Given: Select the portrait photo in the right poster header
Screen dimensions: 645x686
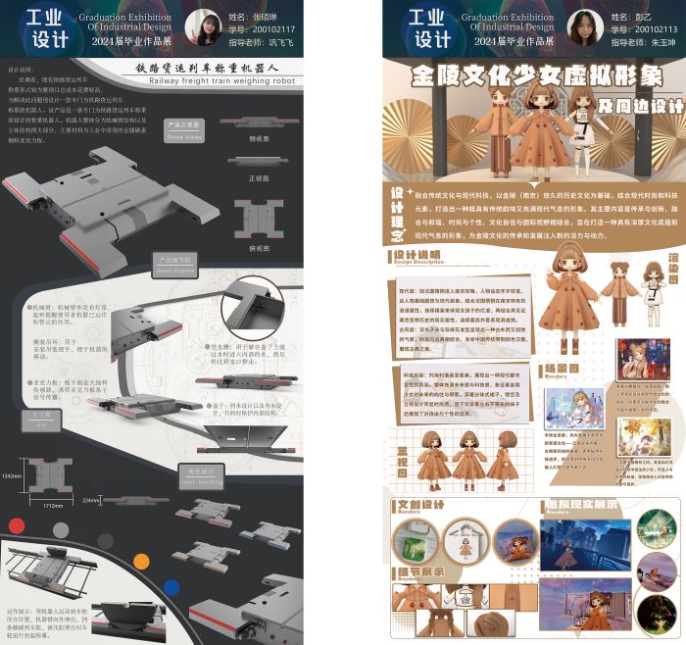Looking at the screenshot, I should click(x=582, y=27).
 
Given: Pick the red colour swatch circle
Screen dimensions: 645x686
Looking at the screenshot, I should click(x=17, y=525).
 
